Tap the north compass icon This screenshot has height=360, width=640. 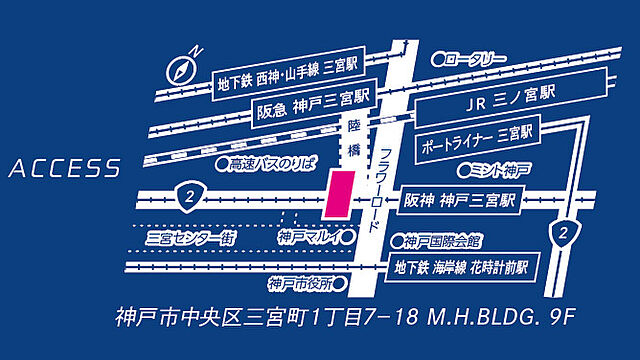tap(183, 68)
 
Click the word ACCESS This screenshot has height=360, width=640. tap(65, 170)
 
